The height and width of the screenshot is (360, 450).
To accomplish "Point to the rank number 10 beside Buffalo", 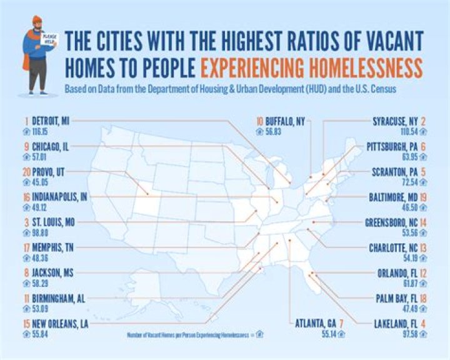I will pyautogui.click(x=259, y=122).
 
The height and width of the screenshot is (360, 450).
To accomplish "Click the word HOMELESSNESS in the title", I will pyautogui.click(x=362, y=66).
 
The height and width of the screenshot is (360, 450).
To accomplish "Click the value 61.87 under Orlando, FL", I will pyautogui.click(x=411, y=281).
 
